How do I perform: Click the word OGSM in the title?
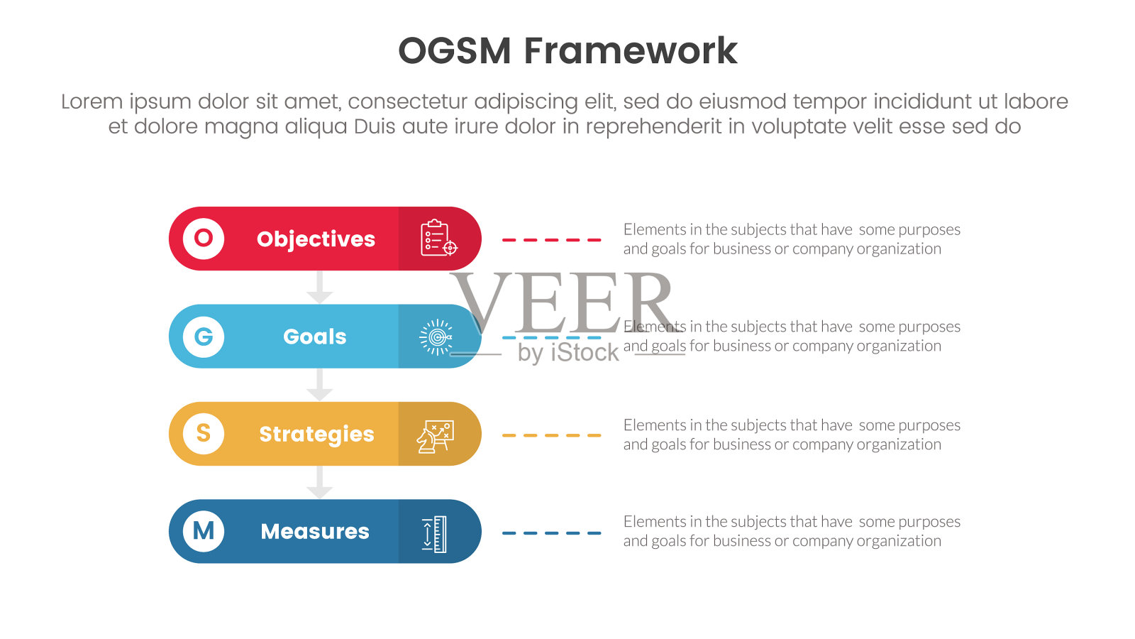(455, 51)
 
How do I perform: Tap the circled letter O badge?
(204, 239)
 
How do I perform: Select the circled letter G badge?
(204, 337)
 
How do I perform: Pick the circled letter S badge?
(204, 434)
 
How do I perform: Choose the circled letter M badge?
(204, 532)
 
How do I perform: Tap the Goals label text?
(315, 337)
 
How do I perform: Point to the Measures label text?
(315, 532)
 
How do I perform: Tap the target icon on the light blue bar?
(436, 337)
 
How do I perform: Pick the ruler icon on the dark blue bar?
(435, 534)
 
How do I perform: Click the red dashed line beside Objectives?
(551, 240)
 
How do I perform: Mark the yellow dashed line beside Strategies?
(551, 435)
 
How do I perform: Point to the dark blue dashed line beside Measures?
(551, 533)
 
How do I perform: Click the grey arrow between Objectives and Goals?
(320, 288)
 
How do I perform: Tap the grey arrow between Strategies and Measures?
(320, 483)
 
